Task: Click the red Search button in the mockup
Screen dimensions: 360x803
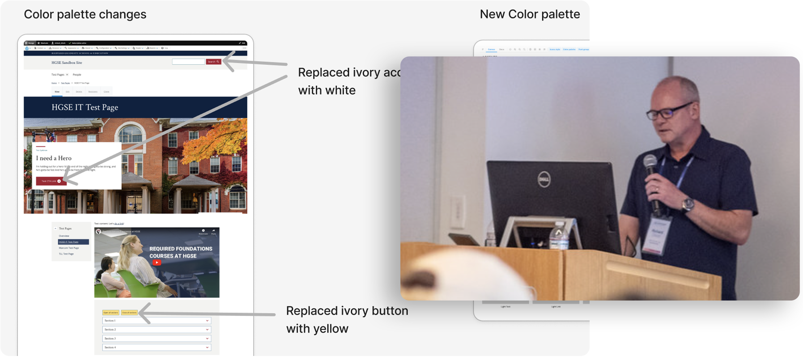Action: point(213,62)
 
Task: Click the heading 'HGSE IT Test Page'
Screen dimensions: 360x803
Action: point(85,107)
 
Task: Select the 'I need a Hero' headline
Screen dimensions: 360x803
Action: point(54,158)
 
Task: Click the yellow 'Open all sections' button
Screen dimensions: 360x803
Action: point(111,313)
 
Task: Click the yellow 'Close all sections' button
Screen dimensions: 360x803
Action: point(129,313)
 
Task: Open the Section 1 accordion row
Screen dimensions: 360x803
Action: point(157,321)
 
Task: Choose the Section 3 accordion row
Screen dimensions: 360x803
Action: point(157,339)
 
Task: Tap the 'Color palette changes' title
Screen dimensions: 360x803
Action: point(85,14)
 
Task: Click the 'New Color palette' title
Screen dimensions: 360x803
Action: point(530,14)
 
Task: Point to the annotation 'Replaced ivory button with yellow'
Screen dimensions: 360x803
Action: point(347,320)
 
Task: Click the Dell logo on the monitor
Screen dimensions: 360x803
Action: point(544,180)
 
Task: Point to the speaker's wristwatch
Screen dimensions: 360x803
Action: point(688,204)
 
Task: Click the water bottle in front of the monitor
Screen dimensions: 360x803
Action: point(558,237)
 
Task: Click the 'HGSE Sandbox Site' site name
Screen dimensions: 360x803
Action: point(67,63)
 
